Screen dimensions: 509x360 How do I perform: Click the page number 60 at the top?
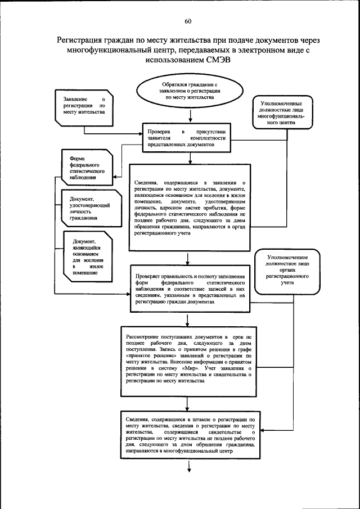tap(188, 21)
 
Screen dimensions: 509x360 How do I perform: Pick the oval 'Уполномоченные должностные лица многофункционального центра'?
tap(285, 113)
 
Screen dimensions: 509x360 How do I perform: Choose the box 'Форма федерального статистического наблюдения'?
tap(85, 167)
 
